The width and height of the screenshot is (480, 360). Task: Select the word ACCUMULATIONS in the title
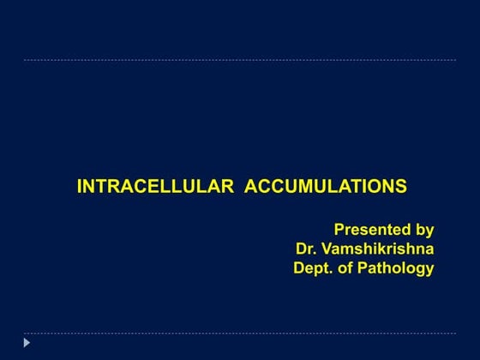(x=326, y=187)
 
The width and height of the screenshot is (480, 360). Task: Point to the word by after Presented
(x=424, y=231)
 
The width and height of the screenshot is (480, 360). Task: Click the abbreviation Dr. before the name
(x=308, y=249)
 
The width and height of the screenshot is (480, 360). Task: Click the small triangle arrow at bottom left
(x=27, y=343)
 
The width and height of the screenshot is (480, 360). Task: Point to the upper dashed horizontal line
(x=240, y=60)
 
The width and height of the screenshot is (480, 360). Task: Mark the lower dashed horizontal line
(x=240, y=333)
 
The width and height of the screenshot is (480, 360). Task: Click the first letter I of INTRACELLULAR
(x=80, y=187)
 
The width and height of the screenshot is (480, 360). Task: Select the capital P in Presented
(x=339, y=230)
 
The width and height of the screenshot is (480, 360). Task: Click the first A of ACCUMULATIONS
(x=252, y=187)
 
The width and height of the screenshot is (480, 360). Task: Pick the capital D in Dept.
(x=299, y=268)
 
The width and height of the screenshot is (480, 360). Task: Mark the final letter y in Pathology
(x=429, y=270)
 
